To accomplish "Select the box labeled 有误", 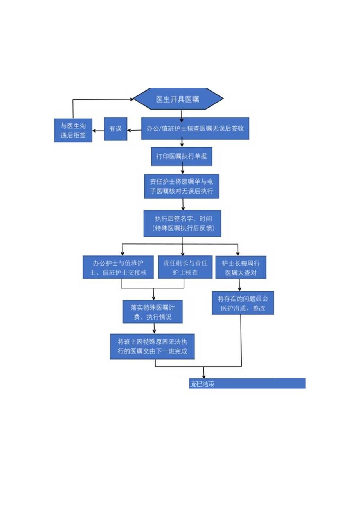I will (x=115, y=129).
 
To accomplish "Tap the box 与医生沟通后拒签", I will (x=73, y=130).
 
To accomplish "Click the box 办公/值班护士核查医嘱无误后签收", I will (x=195, y=128).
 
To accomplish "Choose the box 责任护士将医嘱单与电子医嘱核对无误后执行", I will (x=182, y=186).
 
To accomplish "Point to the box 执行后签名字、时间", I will (x=182, y=223).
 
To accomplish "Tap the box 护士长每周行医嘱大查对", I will (x=241, y=268).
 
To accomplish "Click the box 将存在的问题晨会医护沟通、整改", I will (x=243, y=303).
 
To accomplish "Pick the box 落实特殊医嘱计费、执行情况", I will (x=153, y=312).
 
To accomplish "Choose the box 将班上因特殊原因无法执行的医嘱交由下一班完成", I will (x=152, y=346).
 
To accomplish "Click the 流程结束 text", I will (x=202, y=384).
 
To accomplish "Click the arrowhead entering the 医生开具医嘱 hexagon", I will (x=131, y=99).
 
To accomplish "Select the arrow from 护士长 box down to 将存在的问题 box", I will (x=239, y=285).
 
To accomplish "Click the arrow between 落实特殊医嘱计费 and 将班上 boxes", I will (x=154, y=329).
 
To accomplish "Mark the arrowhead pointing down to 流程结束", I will (x=203, y=375).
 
